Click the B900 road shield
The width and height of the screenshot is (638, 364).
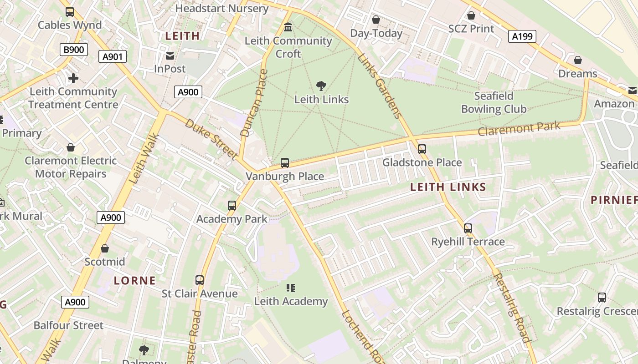(x=73, y=50)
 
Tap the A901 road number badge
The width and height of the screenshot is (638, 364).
(x=112, y=56)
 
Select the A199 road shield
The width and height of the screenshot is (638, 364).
(x=522, y=36)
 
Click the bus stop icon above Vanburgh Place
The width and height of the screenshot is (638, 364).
(x=285, y=163)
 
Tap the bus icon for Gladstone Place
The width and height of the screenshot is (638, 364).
(x=422, y=149)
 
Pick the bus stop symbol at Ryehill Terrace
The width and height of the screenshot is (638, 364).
(x=468, y=228)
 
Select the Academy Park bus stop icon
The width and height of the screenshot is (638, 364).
(x=232, y=206)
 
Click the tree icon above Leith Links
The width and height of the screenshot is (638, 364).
(x=321, y=86)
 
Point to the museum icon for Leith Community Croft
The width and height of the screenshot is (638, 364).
(x=288, y=27)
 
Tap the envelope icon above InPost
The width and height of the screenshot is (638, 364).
(x=170, y=56)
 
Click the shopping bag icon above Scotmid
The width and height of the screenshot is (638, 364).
(x=105, y=248)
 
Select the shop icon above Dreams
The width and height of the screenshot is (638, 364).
(x=577, y=60)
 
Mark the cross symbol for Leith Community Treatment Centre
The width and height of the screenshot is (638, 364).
(x=73, y=78)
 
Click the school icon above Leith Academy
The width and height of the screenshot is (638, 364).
(x=291, y=288)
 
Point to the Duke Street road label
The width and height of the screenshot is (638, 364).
(x=211, y=139)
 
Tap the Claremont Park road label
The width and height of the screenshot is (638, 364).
(x=519, y=129)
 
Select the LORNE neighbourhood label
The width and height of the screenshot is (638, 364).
(x=134, y=280)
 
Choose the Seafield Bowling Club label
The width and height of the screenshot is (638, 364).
(x=494, y=102)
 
